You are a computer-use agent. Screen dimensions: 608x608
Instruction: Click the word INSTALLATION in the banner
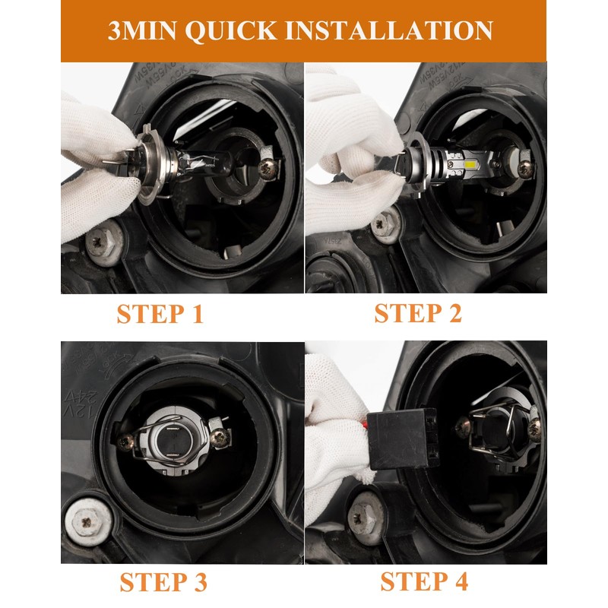point(389,30)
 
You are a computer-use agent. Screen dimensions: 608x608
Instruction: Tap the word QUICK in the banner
point(231,30)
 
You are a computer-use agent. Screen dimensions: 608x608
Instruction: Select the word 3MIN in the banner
point(142,30)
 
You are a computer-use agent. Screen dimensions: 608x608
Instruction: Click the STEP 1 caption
point(160,314)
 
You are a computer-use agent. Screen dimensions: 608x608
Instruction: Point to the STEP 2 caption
point(418,313)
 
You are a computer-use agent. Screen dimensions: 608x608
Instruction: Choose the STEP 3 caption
point(163,582)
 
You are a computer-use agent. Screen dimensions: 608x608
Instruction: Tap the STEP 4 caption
point(424,581)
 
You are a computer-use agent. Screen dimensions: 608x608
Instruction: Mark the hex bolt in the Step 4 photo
point(365,518)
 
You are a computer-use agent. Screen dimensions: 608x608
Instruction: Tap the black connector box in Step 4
point(403,439)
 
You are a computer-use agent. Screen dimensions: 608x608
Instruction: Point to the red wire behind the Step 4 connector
point(365,425)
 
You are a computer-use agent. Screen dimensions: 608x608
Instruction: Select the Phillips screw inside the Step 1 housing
point(268,169)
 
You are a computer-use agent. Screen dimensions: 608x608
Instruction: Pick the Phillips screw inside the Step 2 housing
point(525,169)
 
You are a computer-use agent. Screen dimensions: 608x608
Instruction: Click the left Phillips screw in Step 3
point(125,443)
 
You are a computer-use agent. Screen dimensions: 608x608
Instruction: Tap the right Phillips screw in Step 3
point(220,438)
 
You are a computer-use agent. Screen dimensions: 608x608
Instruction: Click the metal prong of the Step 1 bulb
point(113,160)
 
